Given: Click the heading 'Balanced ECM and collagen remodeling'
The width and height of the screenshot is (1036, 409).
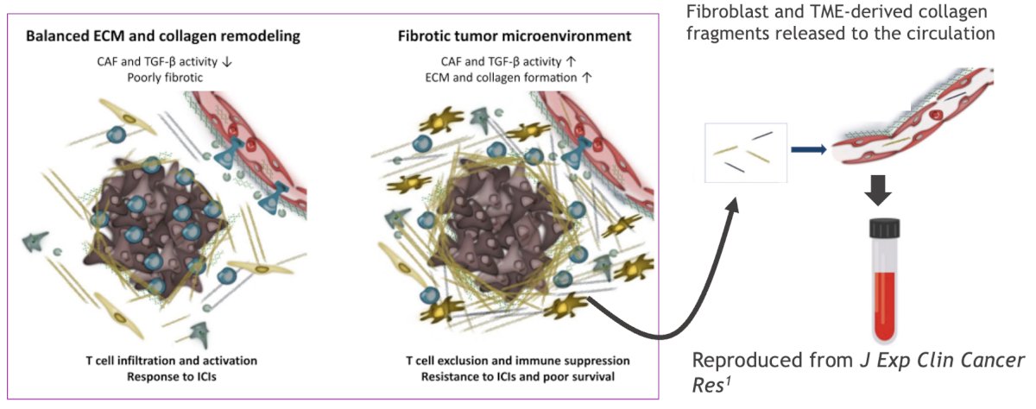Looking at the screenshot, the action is click(x=163, y=36).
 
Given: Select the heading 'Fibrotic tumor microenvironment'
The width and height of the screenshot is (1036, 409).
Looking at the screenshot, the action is click(x=515, y=36).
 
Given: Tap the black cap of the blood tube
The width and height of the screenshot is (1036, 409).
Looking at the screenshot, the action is click(x=884, y=228).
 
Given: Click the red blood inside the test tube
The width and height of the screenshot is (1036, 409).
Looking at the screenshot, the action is click(x=884, y=305).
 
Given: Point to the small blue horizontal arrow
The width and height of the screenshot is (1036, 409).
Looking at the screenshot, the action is click(x=808, y=148).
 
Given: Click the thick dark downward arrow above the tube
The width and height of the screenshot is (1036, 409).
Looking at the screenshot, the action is click(x=878, y=190).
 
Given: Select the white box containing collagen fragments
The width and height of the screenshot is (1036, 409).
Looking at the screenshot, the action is click(x=746, y=153).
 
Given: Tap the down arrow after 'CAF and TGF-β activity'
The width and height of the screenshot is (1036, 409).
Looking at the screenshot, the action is click(x=226, y=62).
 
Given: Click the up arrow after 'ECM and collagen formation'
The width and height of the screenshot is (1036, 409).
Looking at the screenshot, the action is click(x=586, y=78).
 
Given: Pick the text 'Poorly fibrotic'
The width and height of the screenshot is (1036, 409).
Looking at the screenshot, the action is click(x=165, y=78).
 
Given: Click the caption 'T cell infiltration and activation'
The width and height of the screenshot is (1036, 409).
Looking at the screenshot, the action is click(x=172, y=361).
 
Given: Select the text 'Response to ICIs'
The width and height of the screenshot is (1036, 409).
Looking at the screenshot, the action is click(x=172, y=377).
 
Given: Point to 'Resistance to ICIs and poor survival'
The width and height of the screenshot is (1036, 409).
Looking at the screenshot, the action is click(x=517, y=377).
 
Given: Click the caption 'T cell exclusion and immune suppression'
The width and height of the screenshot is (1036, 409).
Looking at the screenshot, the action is click(x=517, y=361).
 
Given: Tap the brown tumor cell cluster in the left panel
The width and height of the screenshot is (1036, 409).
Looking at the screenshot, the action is click(x=155, y=226).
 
